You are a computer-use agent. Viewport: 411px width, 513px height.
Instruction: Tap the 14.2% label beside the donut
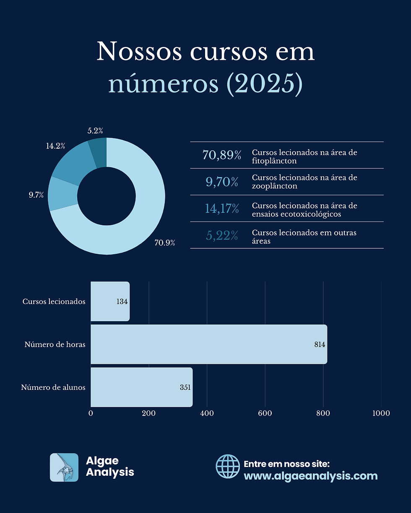[55, 146]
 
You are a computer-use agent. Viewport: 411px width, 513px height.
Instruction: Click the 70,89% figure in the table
[221, 155]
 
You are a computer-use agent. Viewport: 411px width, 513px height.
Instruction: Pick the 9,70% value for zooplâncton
[222, 182]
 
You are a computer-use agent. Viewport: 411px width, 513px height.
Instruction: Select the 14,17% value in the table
[222, 209]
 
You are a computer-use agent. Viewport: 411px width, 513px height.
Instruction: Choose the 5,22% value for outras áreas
[222, 236]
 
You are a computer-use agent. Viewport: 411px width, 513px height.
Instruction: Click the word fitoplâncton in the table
[274, 160]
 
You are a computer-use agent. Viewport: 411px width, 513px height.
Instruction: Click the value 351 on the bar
[185, 387]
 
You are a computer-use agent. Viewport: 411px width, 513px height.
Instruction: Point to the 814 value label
[320, 345]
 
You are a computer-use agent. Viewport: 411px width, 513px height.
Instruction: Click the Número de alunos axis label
[53, 387]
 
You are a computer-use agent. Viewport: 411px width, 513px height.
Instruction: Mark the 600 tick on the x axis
[265, 413]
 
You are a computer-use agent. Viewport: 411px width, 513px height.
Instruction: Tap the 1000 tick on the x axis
[381, 413]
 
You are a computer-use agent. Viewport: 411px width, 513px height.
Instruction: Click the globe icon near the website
[227, 467]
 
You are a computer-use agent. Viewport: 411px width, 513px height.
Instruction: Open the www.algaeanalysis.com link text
[310, 476]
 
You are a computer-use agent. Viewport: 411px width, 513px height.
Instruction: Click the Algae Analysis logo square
[64, 467]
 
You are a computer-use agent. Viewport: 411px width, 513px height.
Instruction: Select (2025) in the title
[264, 83]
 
